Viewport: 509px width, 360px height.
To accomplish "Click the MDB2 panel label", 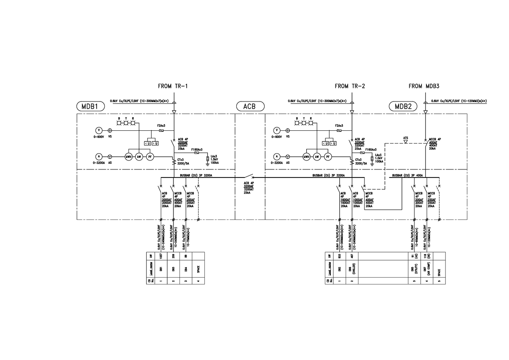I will point(403,106).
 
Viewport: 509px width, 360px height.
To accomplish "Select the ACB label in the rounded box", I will point(250,106).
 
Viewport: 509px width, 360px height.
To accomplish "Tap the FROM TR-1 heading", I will point(173,86).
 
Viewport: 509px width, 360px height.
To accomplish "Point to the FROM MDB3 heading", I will point(424,86).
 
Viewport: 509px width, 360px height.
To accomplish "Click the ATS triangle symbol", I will point(406,142).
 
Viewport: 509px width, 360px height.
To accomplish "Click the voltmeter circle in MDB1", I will point(98,131).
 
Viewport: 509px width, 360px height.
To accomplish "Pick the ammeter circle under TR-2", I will point(277,157).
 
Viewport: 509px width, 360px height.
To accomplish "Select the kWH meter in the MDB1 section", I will point(128,157).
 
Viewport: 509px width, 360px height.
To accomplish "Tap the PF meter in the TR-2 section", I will point(328,157).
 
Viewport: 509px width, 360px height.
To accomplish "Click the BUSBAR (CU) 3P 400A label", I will point(408,175).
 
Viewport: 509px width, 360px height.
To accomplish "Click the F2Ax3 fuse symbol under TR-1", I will point(161,131).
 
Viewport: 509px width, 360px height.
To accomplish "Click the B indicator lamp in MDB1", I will point(120,123).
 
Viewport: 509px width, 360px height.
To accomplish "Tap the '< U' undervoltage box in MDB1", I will point(146,143).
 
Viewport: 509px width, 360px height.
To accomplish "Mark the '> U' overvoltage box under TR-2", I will point(334,143).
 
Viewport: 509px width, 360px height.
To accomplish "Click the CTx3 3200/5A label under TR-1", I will point(183,161).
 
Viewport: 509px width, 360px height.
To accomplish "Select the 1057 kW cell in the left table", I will point(161,256).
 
